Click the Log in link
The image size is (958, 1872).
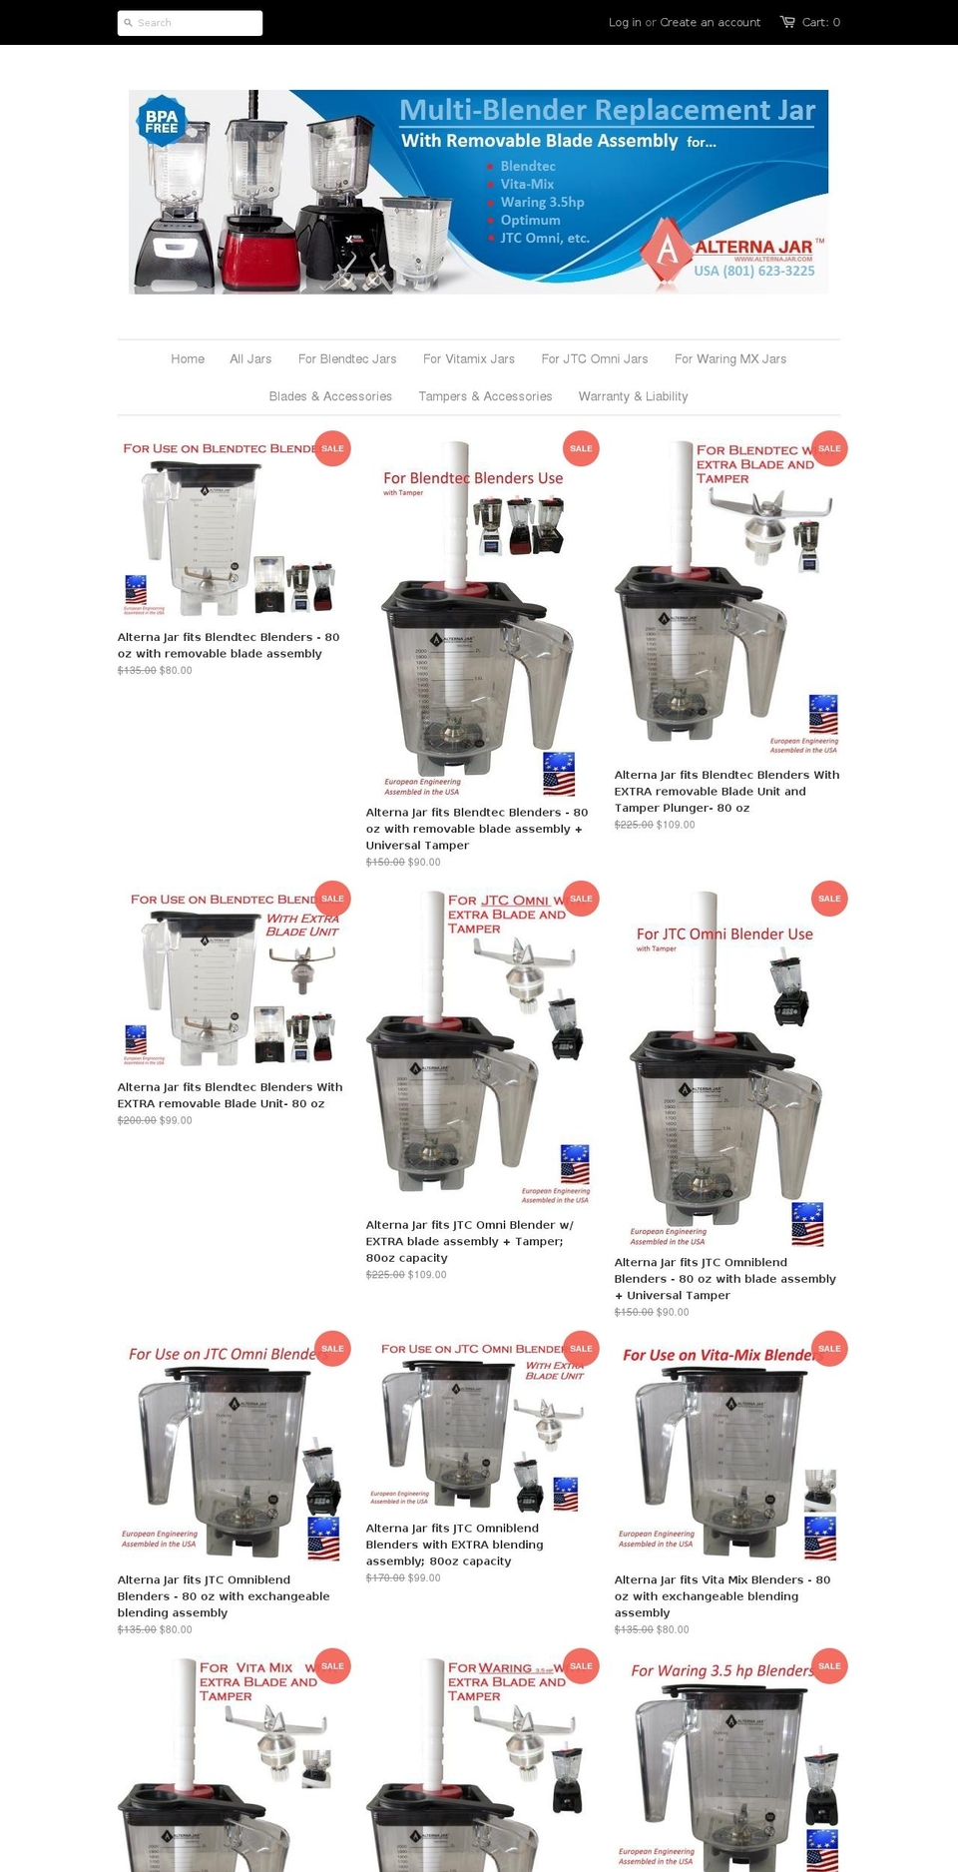tap(625, 22)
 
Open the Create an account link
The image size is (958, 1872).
tap(710, 22)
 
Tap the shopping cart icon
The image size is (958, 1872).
tap(787, 22)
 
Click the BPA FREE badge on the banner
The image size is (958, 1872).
tap(161, 122)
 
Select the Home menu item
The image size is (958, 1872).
tap(188, 359)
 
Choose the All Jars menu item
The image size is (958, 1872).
tap(250, 359)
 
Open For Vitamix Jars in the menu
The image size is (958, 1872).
tap(469, 359)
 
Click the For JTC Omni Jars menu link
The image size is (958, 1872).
tap(595, 359)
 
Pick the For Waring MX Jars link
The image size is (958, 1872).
tap(730, 359)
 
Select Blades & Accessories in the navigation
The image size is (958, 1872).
tap(330, 396)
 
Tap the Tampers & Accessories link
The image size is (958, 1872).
tap(485, 396)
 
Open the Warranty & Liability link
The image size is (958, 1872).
tap(633, 396)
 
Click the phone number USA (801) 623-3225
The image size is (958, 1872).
tap(754, 271)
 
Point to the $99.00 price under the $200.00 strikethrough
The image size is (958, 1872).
tap(176, 1120)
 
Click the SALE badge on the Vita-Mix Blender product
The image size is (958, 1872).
tap(829, 1349)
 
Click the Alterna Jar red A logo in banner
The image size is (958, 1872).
tap(667, 249)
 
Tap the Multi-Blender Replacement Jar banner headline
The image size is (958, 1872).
tap(607, 110)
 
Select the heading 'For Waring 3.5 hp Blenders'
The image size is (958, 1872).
tap(721, 1671)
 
